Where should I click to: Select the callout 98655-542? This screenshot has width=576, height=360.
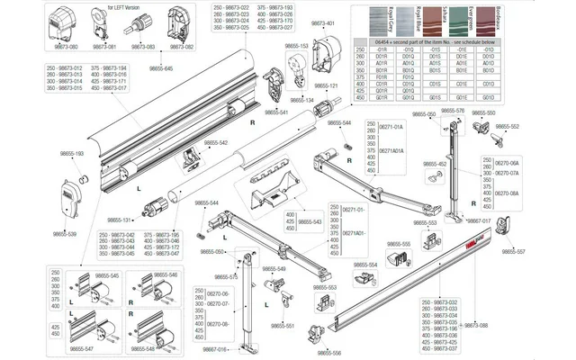tap(216, 143)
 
